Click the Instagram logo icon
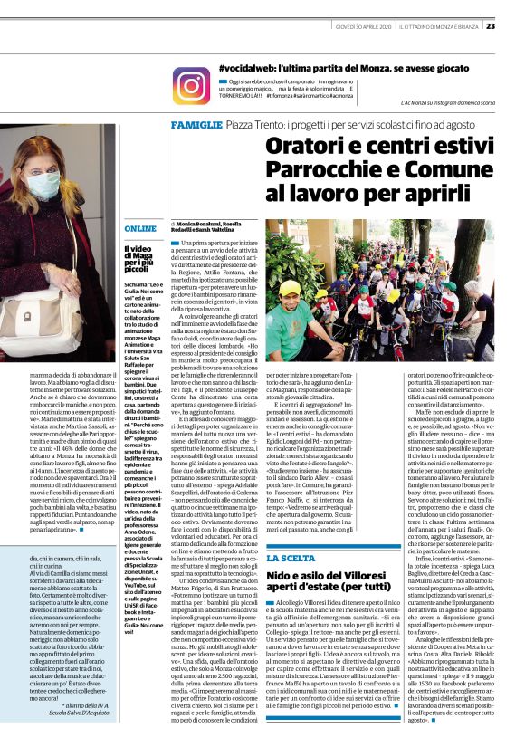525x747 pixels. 191,85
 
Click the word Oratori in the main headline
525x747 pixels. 302,149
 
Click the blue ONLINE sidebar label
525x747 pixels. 140,229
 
